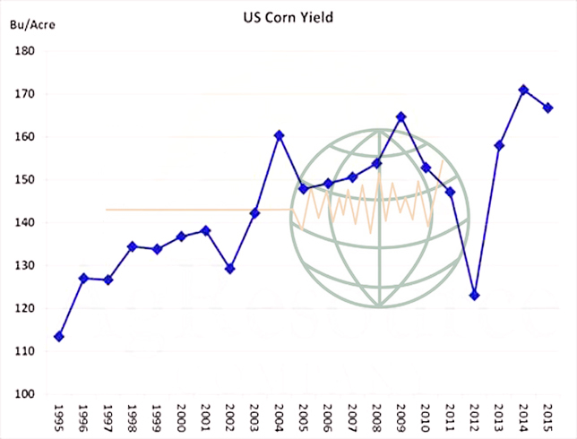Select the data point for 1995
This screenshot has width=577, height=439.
[58, 336]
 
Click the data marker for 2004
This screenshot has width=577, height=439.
[279, 135]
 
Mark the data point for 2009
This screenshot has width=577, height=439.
[401, 116]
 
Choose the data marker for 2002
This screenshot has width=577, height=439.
[230, 268]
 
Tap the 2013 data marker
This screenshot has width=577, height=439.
[499, 145]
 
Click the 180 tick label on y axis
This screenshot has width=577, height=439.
[24, 51]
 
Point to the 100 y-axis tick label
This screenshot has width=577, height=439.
[24, 394]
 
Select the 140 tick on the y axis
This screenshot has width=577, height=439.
[24, 223]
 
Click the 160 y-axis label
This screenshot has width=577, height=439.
[24, 137]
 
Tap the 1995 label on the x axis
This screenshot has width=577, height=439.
[59, 417]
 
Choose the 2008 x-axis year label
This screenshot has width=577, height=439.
[377, 417]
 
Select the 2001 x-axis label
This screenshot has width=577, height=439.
[206, 417]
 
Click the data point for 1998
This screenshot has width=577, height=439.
[132, 245]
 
